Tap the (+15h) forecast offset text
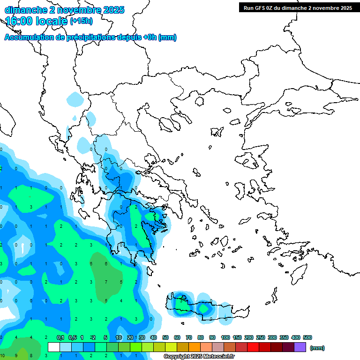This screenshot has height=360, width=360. (81, 21)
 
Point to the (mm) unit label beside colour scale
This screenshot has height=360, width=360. (317, 348)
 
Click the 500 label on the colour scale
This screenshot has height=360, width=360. (307, 337)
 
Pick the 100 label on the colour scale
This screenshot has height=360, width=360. (225, 337)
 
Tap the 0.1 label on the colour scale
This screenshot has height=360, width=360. (60, 337)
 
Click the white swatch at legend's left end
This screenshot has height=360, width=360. (54, 347)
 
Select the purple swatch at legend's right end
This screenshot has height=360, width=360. (300, 347)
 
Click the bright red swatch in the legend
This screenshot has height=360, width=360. (253, 347)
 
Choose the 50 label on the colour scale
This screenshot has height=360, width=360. (165, 337)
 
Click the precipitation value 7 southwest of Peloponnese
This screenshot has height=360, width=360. (106, 282)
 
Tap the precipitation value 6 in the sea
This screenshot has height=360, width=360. (106, 264)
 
